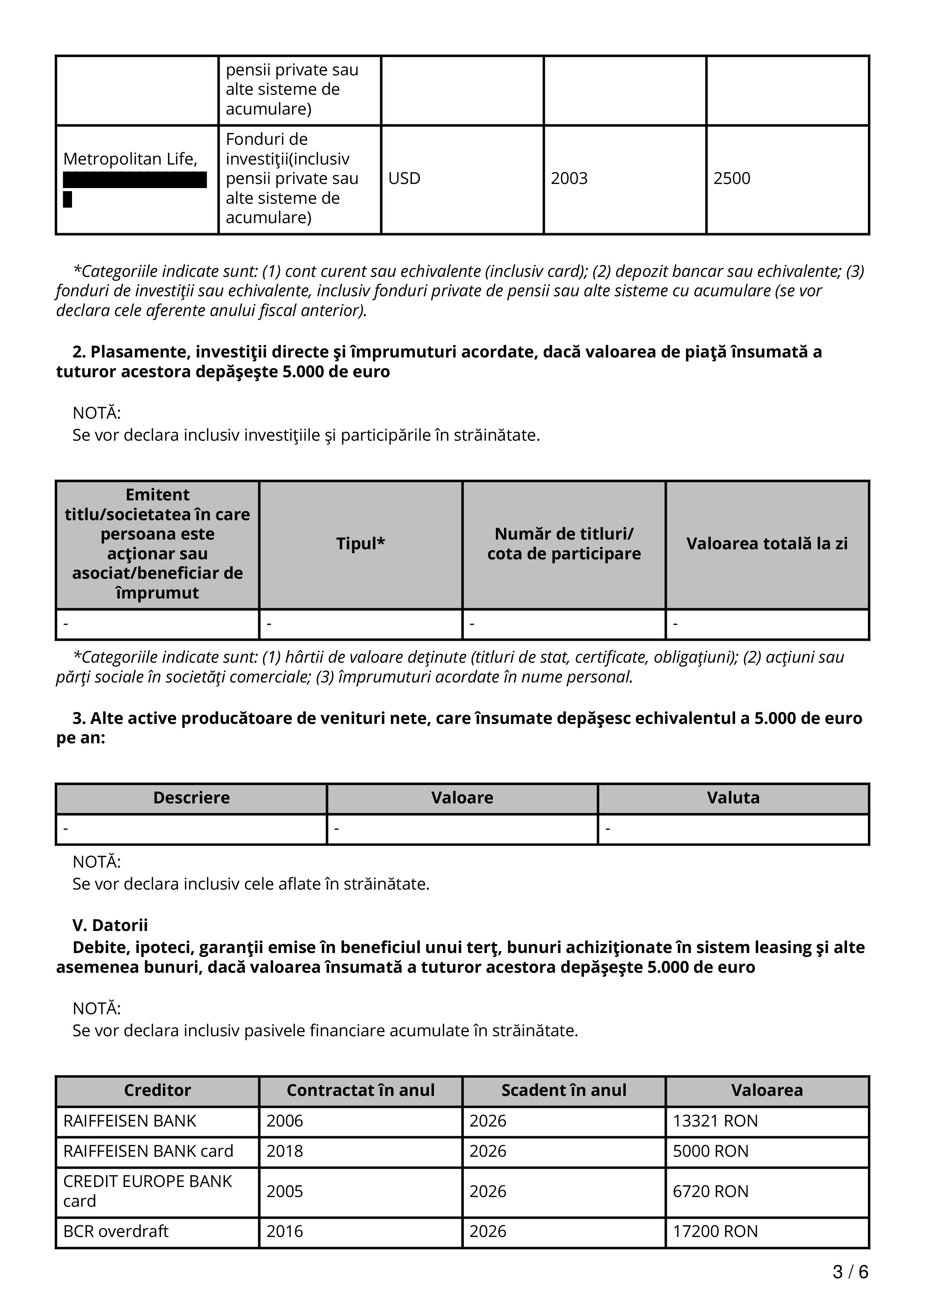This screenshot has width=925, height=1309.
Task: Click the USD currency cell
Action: (404, 178)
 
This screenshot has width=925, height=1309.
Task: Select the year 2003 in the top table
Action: (569, 178)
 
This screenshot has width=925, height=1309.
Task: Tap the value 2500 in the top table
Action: (731, 178)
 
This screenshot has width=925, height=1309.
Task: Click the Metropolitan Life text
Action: (130, 159)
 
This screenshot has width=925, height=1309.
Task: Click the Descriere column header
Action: (191, 797)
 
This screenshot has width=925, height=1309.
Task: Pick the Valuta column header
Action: (733, 797)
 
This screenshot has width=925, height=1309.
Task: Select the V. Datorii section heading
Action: (110, 925)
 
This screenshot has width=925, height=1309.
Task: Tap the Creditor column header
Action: (157, 1090)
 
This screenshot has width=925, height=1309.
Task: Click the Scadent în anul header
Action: (564, 1090)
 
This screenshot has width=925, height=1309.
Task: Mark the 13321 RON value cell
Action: (715, 1121)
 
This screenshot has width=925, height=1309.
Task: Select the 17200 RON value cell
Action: (715, 1231)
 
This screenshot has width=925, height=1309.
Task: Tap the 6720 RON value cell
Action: (710, 1191)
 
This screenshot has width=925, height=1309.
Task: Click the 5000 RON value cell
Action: (710, 1151)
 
